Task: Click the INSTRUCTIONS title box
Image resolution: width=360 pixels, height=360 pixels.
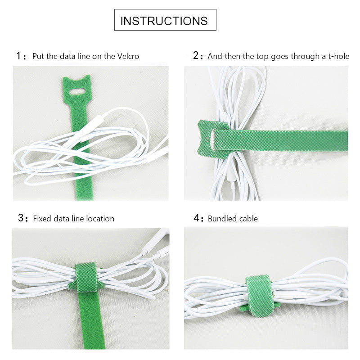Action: [x=165, y=21]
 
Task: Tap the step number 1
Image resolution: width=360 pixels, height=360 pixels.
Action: [x=19, y=56]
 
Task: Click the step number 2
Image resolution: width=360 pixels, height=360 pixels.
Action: [x=196, y=56]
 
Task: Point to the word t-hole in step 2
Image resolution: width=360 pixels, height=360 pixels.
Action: [x=339, y=56]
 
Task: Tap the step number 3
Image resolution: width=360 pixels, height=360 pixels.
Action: [x=21, y=218]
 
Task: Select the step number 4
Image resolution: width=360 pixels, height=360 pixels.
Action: [x=196, y=218]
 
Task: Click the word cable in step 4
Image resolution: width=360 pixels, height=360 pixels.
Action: [x=248, y=219]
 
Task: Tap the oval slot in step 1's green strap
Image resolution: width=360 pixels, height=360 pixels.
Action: [x=78, y=92]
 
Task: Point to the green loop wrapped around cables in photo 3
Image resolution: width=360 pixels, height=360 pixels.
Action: [x=86, y=277]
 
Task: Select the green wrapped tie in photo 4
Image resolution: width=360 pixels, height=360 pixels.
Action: [x=260, y=295]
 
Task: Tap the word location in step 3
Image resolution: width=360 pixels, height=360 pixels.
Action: [x=99, y=219]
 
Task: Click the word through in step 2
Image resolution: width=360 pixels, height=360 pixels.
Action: [x=290, y=56]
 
